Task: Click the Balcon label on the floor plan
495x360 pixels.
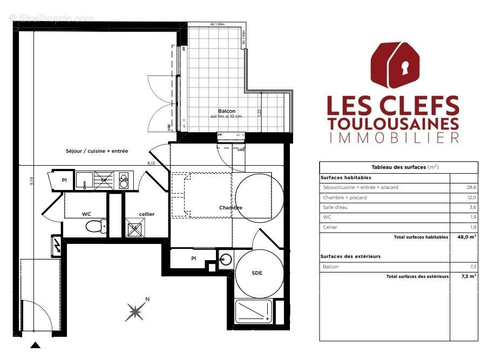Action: pos(227,111)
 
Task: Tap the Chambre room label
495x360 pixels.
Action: pos(230,208)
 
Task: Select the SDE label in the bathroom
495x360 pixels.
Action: pos(257,273)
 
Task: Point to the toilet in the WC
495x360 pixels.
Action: pos(96,226)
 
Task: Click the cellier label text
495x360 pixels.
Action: pos(146,214)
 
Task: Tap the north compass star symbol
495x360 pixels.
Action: pos(135,311)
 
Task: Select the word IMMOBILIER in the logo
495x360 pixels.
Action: pos(394,138)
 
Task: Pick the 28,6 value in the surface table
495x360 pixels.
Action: pos(471,187)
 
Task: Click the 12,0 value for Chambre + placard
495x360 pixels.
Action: pos(471,198)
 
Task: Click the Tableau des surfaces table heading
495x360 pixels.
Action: pos(397,167)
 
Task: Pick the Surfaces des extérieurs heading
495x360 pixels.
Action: pos(350,256)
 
